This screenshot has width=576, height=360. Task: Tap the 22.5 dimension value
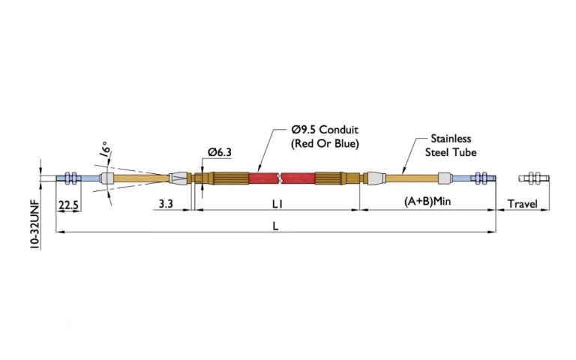pyautogui.click(x=69, y=204)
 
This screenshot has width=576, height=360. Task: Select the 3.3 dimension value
pyautogui.click(x=167, y=204)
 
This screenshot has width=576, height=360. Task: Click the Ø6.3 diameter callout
pyautogui.click(x=218, y=152)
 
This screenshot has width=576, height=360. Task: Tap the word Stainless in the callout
pyautogui.click(x=451, y=139)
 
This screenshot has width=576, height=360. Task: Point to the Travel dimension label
pyautogui.click(x=522, y=204)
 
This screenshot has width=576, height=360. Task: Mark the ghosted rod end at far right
pyautogui.click(x=535, y=178)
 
